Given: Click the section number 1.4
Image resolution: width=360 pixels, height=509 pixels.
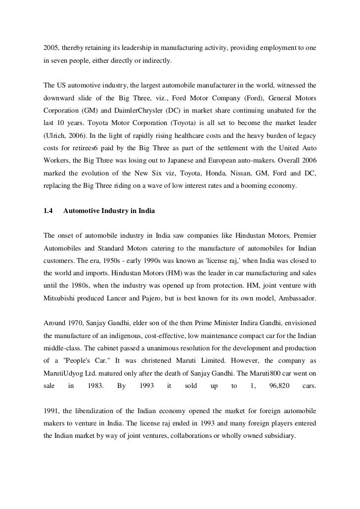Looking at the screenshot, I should [x=48, y=212].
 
